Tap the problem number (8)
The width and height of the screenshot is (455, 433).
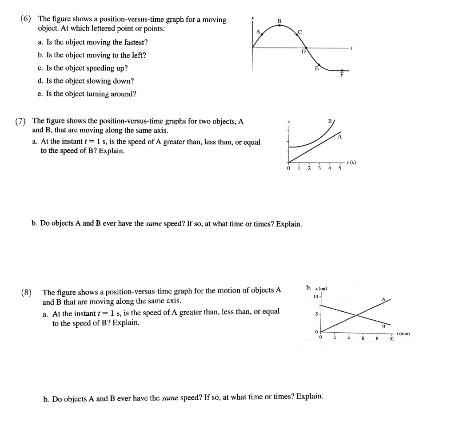[27, 292]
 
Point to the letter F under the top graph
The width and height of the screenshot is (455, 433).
[342, 75]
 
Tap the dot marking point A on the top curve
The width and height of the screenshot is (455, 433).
[262, 35]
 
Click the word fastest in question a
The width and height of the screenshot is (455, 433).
[135, 42]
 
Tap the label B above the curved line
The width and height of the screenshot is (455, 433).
[329, 120]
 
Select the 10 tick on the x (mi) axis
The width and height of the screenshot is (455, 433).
[315, 296]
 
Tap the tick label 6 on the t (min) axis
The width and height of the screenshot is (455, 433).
[363, 338]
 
